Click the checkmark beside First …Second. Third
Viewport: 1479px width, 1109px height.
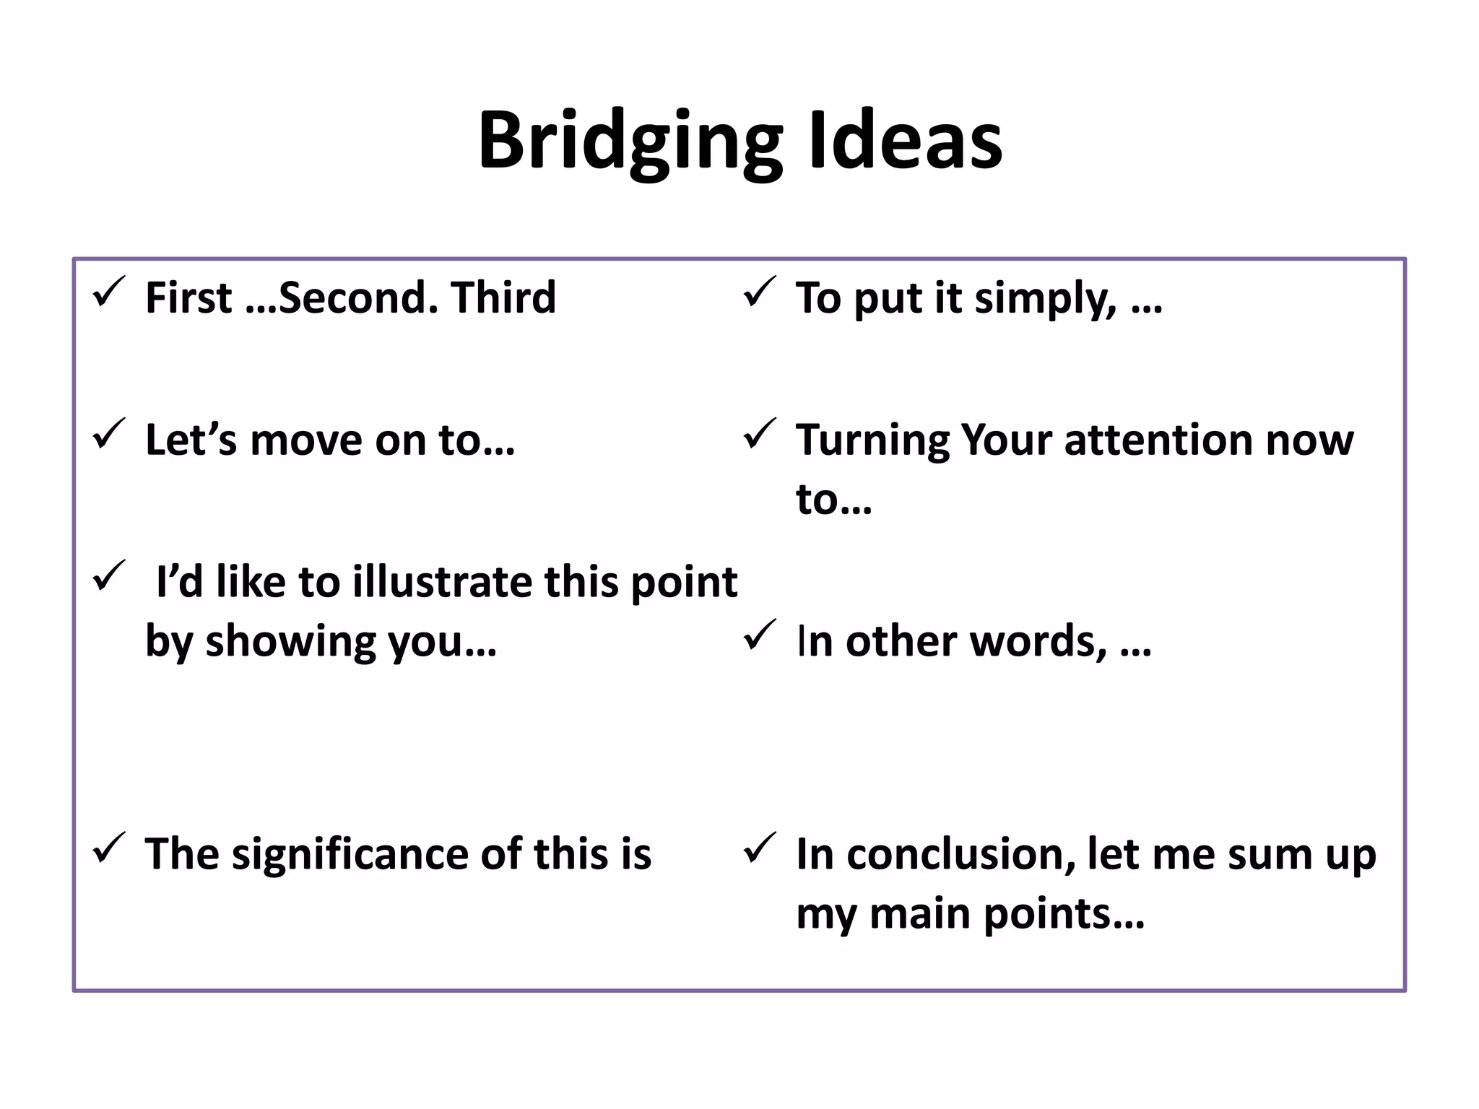110,292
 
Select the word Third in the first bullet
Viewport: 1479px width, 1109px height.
503,297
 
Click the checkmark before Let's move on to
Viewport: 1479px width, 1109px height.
110,435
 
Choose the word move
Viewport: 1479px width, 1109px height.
306,440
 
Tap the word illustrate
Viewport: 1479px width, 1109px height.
443,582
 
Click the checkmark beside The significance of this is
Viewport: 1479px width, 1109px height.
110,848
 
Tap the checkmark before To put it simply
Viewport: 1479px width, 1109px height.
760,292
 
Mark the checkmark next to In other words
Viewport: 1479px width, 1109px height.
760,635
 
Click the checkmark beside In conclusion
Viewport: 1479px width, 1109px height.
760,848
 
